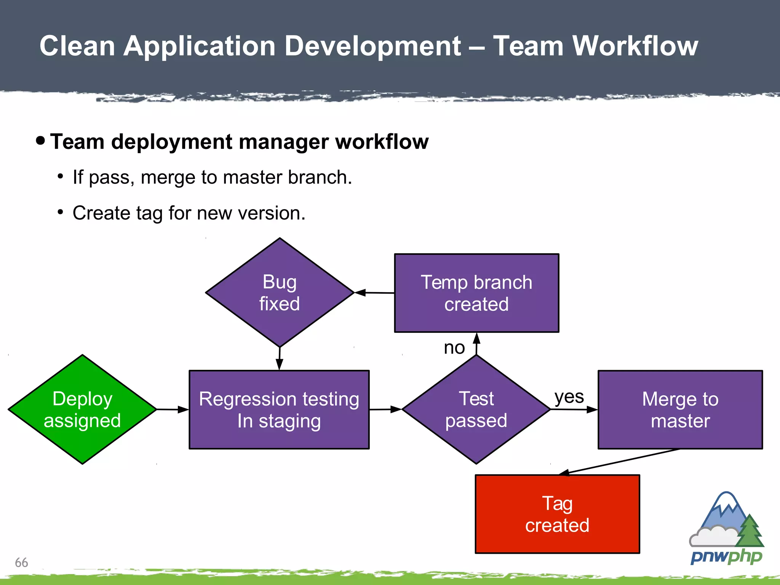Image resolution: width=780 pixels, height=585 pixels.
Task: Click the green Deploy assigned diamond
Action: tap(82, 409)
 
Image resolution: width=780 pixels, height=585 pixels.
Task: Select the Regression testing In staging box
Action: tap(279, 410)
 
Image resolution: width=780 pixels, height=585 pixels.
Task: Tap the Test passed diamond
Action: tap(476, 409)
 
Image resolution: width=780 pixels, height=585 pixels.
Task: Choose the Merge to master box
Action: tap(680, 410)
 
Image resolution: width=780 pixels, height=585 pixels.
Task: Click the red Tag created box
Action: tap(557, 514)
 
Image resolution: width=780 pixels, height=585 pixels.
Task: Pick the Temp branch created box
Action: tap(476, 293)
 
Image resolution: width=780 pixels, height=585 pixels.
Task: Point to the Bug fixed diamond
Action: tap(280, 292)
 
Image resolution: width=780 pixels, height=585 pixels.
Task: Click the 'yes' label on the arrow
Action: tap(569, 397)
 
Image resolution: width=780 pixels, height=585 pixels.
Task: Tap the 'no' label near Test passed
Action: tap(454, 347)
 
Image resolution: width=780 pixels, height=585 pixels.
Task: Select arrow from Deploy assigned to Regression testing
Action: tap(172, 409)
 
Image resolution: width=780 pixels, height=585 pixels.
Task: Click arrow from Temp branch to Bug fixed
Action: tap(374, 293)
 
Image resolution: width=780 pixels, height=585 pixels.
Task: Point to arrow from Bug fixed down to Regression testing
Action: tap(280, 358)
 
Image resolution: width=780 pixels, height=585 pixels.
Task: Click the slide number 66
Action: tap(21, 563)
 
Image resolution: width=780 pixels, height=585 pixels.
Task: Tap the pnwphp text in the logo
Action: tap(726, 557)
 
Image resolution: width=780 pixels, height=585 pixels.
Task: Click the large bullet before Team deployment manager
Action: tap(40, 141)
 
